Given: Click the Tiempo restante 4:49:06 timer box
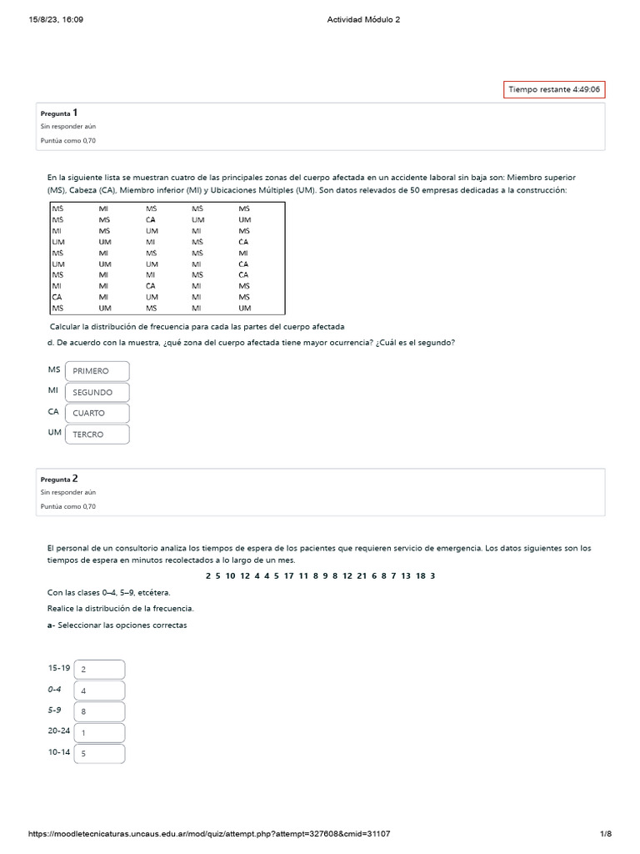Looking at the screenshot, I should click(x=554, y=89).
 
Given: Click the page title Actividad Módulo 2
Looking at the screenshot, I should click(x=363, y=20).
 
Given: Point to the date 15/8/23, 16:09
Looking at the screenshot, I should click(x=56, y=20).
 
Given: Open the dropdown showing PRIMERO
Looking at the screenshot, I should click(x=97, y=371).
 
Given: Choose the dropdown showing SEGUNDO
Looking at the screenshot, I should click(x=97, y=392).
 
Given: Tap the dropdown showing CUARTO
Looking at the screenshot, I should click(x=97, y=413).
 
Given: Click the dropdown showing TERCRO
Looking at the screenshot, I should click(x=97, y=435).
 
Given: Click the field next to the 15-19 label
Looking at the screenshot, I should click(x=99, y=670).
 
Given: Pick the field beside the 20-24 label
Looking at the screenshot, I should click(x=99, y=733).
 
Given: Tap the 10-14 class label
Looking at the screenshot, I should click(x=59, y=752).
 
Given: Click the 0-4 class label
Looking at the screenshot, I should click(x=55, y=689).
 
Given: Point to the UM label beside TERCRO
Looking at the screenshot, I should click(x=54, y=432).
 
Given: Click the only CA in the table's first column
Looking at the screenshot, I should click(x=57, y=297).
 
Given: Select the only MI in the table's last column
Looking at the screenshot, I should click(x=243, y=253).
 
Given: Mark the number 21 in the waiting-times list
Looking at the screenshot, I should click(x=362, y=575).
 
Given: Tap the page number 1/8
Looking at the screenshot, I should click(x=606, y=834).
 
